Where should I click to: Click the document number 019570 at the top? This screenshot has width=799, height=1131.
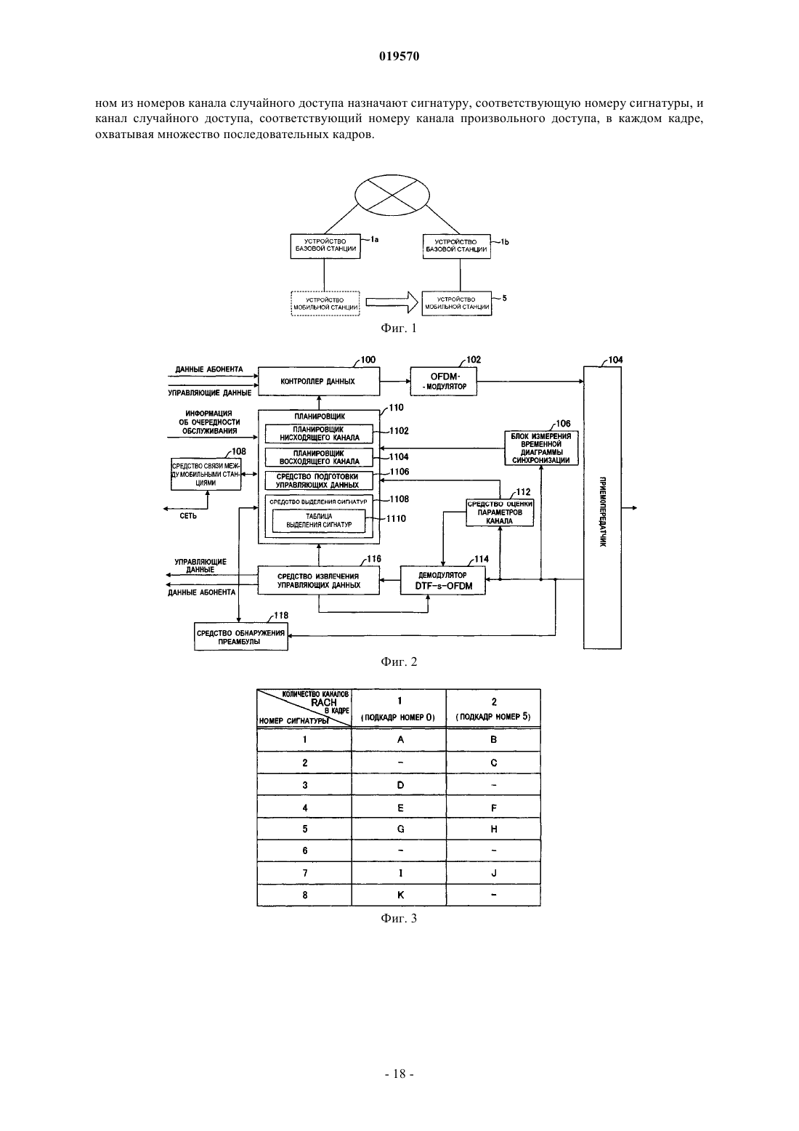pos(399,56)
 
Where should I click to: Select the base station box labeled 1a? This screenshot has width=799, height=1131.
pos(325,246)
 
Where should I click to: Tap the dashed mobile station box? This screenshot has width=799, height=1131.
pos(325,303)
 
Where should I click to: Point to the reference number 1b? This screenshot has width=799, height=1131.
pos(504,242)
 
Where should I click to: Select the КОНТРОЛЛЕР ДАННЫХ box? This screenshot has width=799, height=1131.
pos(319,381)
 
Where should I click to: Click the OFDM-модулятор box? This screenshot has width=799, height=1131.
pos(443,381)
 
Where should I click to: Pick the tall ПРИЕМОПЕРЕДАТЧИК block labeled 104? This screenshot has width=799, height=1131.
pos(602,507)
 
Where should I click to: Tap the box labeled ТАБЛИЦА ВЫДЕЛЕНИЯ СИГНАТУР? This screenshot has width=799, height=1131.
pos(319,520)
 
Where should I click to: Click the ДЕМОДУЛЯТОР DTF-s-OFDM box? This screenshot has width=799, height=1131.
pos(443,580)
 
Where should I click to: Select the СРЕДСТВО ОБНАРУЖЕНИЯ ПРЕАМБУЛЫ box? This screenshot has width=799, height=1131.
pos(241,637)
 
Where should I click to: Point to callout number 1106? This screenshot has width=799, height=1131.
pos(399,472)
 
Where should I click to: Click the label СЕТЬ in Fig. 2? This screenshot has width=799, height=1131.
pos(188,516)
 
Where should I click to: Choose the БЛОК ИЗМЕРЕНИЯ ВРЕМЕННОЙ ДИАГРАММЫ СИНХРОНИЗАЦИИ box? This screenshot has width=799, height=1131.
pos(541,448)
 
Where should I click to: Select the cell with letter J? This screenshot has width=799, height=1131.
pos(493,873)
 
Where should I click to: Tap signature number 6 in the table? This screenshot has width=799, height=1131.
pos(304,850)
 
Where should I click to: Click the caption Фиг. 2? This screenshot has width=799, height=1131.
pos(399,662)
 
